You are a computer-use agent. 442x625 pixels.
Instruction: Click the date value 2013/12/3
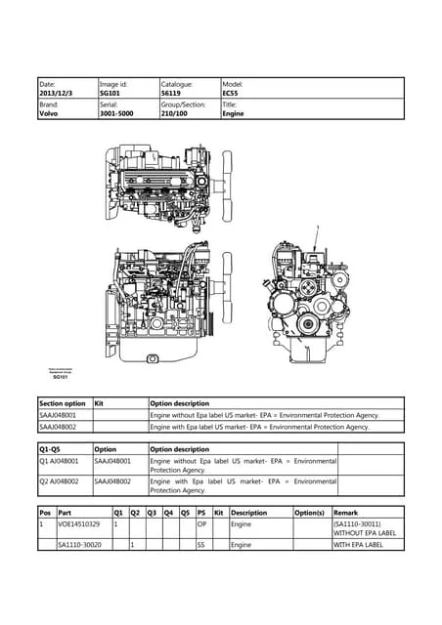tap(57, 94)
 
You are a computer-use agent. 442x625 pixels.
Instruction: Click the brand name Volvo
tap(49, 113)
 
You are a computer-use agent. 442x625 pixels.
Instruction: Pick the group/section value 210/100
tap(176, 113)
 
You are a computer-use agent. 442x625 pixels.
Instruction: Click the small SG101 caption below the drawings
tap(60, 377)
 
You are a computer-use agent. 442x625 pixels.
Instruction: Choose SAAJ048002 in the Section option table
tap(58, 427)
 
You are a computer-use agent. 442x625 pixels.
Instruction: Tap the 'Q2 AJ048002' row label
tap(60, 481)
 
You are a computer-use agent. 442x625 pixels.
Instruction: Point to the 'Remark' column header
tap(346, 512)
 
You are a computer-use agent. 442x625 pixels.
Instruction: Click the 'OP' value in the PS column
tap(201, 524)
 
